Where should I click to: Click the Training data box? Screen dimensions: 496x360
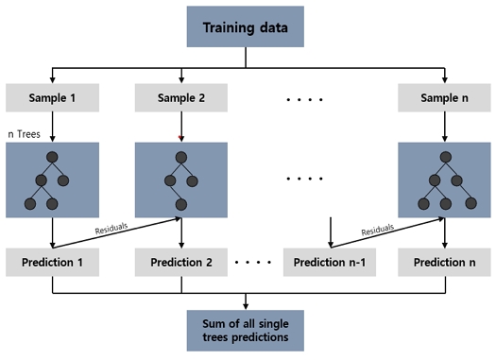click(x=246, y=26)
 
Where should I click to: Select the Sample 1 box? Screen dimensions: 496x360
click(x=53, y=97)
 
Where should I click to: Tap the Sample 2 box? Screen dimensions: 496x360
click(x=181, y=97)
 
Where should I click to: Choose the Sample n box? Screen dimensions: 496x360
click(x=444, y=97)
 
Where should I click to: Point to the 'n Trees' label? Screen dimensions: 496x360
click(x=24, y=134)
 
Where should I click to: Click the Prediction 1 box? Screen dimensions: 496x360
click(x=53, y=263)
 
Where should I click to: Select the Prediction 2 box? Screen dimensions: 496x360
click(x=181, y=263)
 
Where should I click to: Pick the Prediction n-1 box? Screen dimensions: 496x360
click(x=330, y=263)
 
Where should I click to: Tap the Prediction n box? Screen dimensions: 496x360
click(x=444, y=263)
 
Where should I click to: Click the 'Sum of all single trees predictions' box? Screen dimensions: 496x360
click(x=246, y=331)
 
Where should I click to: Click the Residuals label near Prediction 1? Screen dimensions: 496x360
click(x=111, y=229)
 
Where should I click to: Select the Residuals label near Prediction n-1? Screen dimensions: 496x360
click(x=378, y=230)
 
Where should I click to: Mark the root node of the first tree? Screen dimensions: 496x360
click(x=52, y=157)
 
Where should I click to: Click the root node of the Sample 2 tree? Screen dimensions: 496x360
click(x=181, y=157)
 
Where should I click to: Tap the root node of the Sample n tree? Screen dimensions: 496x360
click(x=446, y=157)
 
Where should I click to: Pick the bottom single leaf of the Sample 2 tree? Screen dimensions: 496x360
click(x=181, y=204)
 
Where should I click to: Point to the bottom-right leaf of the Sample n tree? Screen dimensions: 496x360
click(x=471, y=203)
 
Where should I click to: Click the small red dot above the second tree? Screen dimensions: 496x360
click(x=180, y=137)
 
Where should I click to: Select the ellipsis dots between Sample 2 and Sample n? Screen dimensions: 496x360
click(x=304, y=99)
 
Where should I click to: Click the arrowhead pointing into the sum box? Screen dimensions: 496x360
click(x=246, y=307)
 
